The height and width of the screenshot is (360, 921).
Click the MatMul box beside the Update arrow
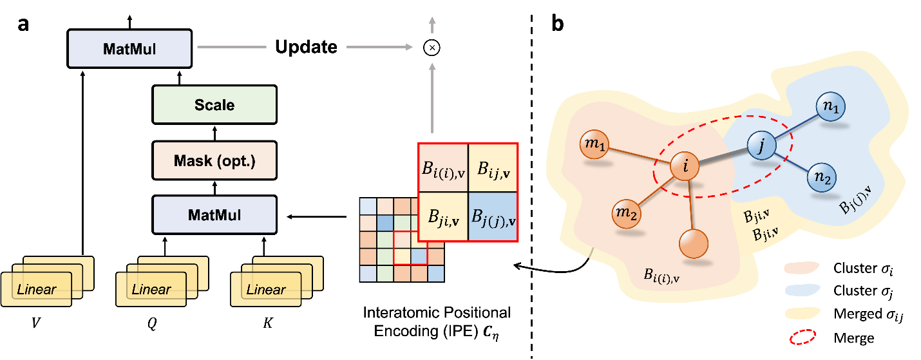tap(129, 48)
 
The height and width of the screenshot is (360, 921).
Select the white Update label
tap(306, 47)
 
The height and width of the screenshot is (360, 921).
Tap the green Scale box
tap(214, 104)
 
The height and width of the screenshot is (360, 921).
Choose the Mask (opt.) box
tap(214, 160)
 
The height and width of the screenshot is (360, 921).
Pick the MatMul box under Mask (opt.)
tap(214, 214)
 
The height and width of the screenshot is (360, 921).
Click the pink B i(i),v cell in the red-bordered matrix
tap(443, 168)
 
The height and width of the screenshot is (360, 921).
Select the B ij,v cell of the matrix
tap(493, 168)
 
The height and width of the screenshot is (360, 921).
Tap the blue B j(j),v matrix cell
tap(493, 217)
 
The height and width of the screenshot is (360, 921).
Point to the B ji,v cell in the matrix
tap(443, 217)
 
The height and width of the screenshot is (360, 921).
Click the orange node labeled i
tap(685, 167)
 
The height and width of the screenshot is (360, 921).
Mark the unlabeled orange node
tap(693, 244)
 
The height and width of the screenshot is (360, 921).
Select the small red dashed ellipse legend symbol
tap(802, 336)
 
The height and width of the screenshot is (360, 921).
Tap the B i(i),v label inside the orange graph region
tap(662, 274)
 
